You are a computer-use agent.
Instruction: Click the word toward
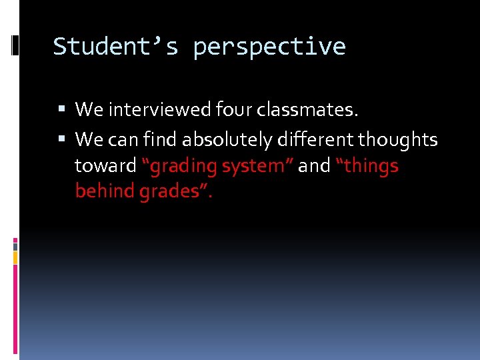pyautogui.click(x=105, y=166)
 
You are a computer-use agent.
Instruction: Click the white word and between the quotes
pyautogui.click(x=314, y=166)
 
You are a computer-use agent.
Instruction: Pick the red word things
pyautogui.click(x=372, y=166)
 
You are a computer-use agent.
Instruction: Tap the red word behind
pyautogui.click(x=105, y=192)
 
